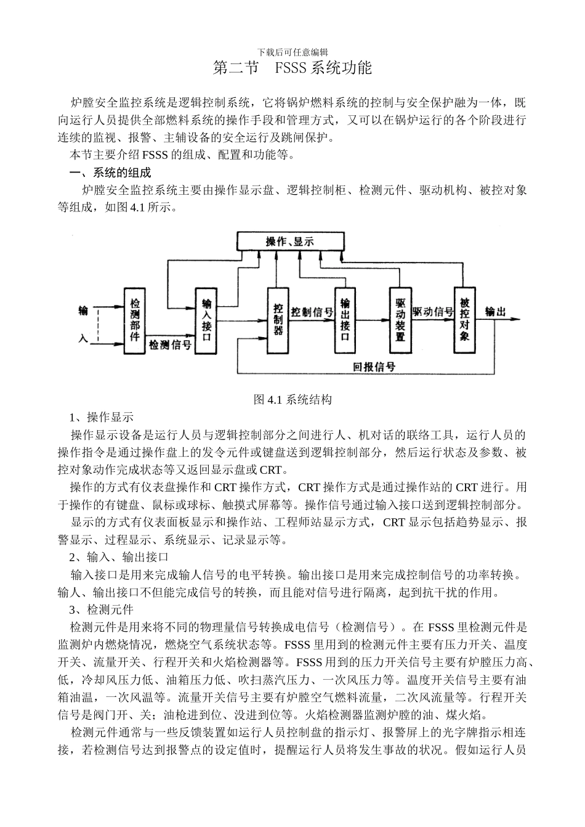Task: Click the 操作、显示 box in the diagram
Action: point(290,242)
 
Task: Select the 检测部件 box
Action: point(135,320)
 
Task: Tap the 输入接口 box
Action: point(206,320)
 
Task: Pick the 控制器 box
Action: point(278,320)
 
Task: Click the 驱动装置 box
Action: point(400,320)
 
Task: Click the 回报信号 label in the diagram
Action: point(374,367)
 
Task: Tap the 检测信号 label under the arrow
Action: point(169,345)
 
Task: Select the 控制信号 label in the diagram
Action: point(312,312)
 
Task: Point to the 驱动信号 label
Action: point(432,312)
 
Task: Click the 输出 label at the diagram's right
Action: point(496,311)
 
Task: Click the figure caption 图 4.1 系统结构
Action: point(292,400)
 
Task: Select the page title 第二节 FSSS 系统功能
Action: point(292,68)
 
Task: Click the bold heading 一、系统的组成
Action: point(110,173)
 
